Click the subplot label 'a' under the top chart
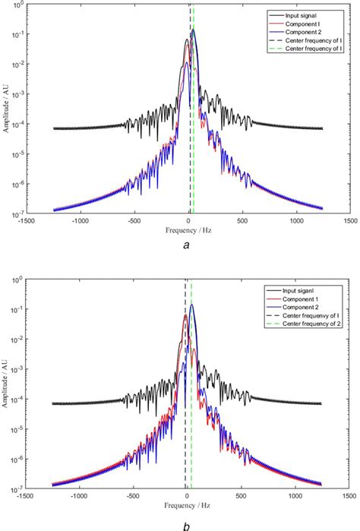click(188, 245)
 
